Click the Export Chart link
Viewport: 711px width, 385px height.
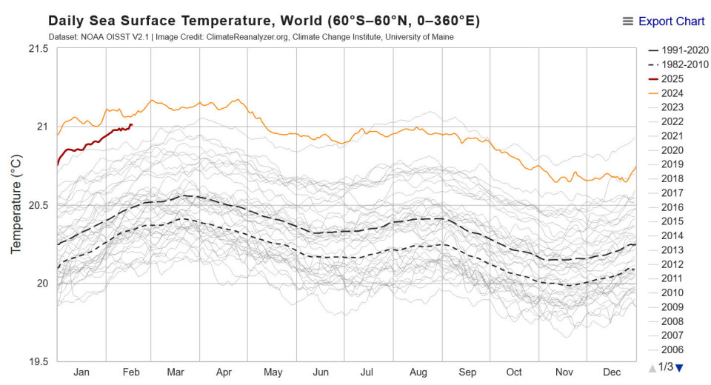point(671,21)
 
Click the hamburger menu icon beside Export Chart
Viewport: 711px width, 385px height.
point(628,21)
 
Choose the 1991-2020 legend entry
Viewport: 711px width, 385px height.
point(679,50)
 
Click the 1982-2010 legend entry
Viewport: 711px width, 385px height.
point(679,64)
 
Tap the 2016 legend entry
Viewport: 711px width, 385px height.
point(672,207)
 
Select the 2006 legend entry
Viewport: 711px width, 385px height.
point(672,349)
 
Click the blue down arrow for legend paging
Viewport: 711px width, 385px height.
point(679,367)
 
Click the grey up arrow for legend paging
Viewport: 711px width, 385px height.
point(652,367)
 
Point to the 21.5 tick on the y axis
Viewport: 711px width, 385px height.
point(38,49)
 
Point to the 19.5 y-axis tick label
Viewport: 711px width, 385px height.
point(38,361)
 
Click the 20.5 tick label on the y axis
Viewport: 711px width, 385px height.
point(38,205)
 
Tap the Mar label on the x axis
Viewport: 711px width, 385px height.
point(175,372)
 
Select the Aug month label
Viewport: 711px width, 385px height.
point(418,372)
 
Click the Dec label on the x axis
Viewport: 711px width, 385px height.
point(612,372)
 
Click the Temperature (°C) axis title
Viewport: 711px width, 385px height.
point(16,205)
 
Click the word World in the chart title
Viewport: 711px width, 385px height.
point(301,21)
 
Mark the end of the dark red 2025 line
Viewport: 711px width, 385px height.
point(131,125)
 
